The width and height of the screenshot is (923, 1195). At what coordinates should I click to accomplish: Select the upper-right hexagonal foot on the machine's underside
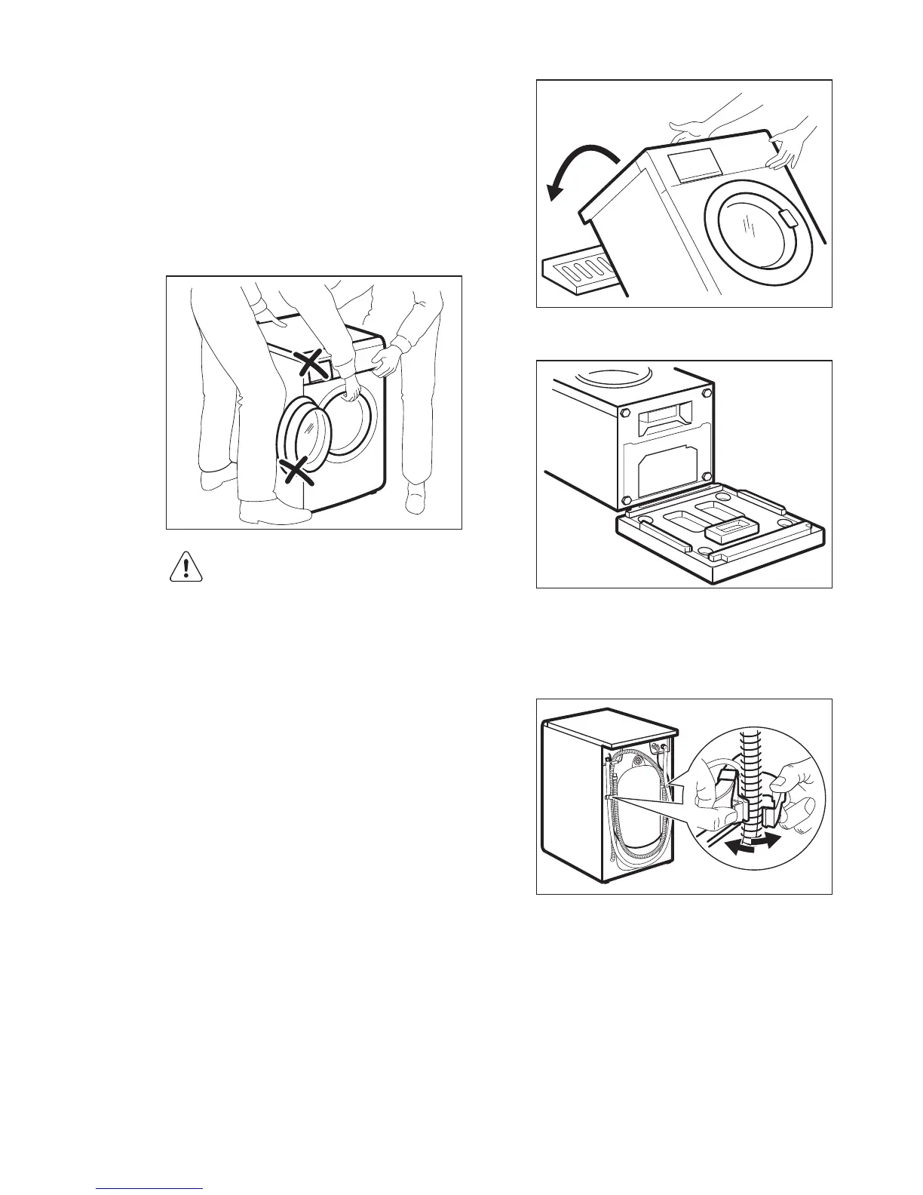706,393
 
